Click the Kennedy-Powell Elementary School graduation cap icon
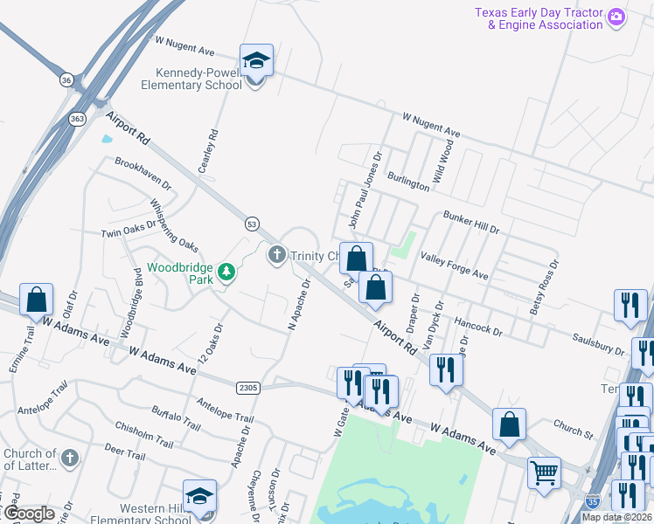(256, 61)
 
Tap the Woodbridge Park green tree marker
(227, 272)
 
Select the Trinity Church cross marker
(277, 255)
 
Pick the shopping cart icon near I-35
(544, 474)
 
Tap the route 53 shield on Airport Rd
(252, 224)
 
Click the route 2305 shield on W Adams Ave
(247, 387)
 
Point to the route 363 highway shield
(77, 119)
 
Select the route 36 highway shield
(66, 80)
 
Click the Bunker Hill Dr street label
(470, 222)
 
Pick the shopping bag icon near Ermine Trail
(37, 300)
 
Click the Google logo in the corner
(28, 514)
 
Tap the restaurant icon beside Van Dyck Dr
(446, 369)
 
